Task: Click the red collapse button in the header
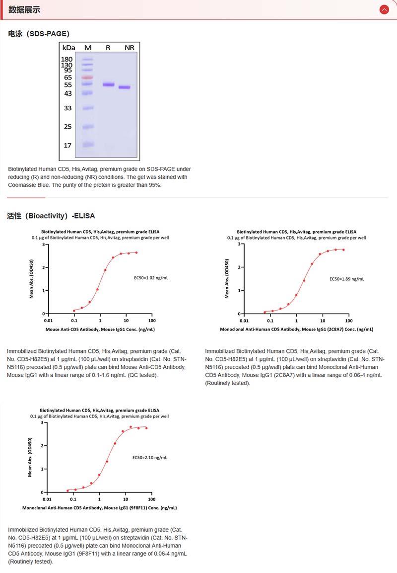[x=384, y=9]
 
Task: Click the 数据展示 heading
[x=24, y=9]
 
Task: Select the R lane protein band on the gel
[x=108, y=84]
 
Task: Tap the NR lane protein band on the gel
[x=125, y=87]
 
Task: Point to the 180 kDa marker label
[x=66, y=59]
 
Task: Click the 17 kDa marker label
[x=67, y=146]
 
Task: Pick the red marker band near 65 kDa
[x=87, y=78]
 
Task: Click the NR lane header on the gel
[x=129, y=48]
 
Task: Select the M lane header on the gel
[x=88, y=48]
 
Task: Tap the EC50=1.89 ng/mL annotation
[x=347, y=279]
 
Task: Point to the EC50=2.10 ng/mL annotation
[x=149, y=457]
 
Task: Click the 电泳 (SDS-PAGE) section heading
[x=39, y=34]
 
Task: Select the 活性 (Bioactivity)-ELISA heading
[x=51, y=216]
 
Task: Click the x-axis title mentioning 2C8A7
[x=296, y=329]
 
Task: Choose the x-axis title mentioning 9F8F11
[x=99, y=508]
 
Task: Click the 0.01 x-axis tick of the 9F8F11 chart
[x=47, y=499]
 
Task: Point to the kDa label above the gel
[x=68, y=48]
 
